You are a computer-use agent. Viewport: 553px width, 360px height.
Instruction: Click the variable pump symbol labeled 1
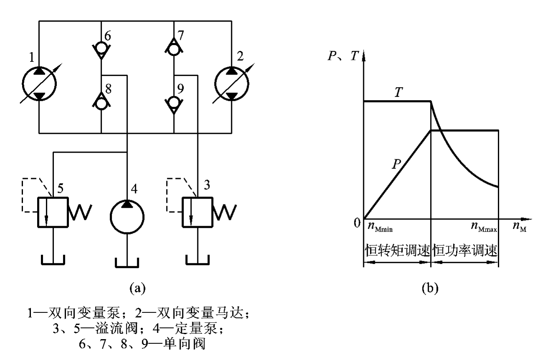(39, 83)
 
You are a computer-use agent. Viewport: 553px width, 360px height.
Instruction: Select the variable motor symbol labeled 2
(232, 83)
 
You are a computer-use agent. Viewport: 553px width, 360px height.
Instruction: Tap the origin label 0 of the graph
(357, 224)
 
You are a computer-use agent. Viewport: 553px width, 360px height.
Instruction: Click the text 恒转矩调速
(397, 251)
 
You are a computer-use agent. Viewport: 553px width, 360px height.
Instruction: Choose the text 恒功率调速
(465, 251)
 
